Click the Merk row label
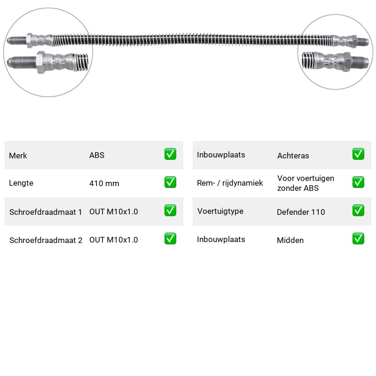click(x=18, y=156)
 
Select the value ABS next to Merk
click(x=97, y=155)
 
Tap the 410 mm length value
click(x=104, y=183)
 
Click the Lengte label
click(x=21, y=183)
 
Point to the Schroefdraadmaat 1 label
click(x=46, y=212)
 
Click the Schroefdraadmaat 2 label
click(x=46, y=240)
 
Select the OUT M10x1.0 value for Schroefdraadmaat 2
click(x=114, y=240)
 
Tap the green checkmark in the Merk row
click(x=170, y=154)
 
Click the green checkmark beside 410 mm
click(x=170, y=182)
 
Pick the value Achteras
click(x=293, y=156)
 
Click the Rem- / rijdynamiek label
click(x=230, y=183)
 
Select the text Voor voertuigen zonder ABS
click(x=305, y=183)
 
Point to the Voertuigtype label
click(x=220, y=211)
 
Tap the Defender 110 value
click(x=301, y=212)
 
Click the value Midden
click(x=290, y=240)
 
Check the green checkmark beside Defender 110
click(x=358, y=211)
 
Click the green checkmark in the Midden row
click(x=358, y=239)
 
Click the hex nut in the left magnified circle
click(x=41, y=63)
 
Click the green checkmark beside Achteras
click(x=358, y=154)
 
